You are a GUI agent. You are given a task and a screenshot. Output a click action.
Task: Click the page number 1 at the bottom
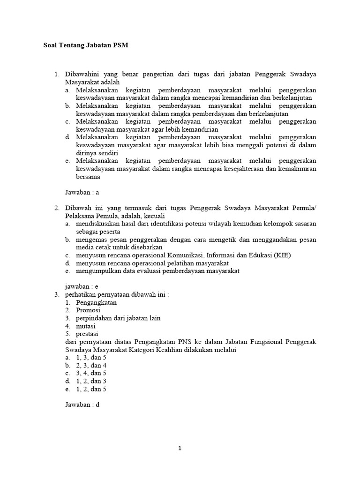180,448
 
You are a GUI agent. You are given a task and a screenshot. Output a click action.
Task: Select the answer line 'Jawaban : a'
82,192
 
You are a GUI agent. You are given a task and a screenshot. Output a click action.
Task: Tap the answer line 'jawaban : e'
82,286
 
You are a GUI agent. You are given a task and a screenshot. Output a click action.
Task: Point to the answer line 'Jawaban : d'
82,405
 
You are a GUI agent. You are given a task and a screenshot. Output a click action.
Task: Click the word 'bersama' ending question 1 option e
88,177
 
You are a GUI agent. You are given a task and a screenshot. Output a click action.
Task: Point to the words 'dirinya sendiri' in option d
97,153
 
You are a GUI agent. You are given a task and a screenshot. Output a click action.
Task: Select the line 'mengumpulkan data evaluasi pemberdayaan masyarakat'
157,271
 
